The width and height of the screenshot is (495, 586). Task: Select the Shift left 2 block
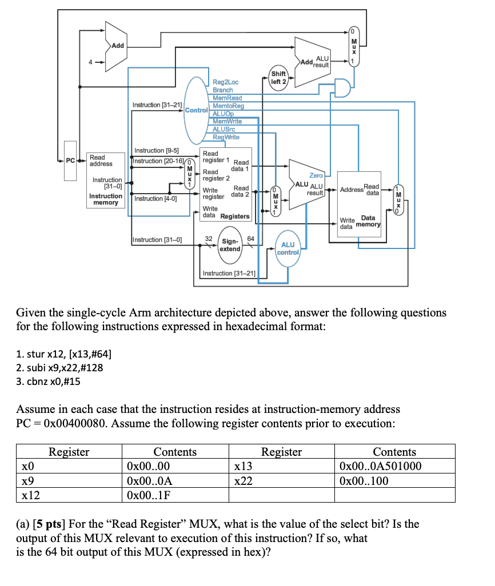[x=278, y=77]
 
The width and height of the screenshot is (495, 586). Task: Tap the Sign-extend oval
[x=230, y=245]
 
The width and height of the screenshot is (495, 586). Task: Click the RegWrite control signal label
[x=226, y=137]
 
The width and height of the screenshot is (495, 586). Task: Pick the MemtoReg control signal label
[x=227, y=106]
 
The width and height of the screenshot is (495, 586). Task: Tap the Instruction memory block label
[x=106, y=199]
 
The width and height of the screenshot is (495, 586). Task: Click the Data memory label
[x=368, y=221]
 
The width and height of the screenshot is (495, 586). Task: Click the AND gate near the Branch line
[x=342, y=88]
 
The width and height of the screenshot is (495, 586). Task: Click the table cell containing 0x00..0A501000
[x=394, y=466]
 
